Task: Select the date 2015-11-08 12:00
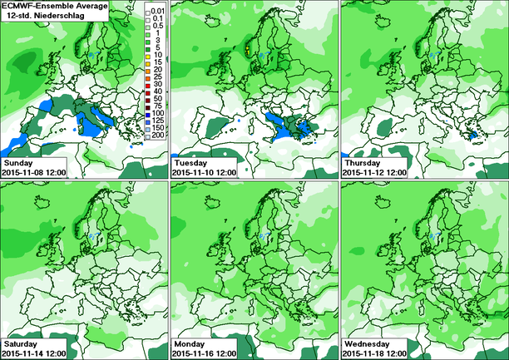pyautogui.click(x=35, y=171)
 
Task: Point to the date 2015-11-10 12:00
pyautogui.click(x=206, y=171)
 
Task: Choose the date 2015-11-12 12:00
pyautogui.click(x=377, y=171)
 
